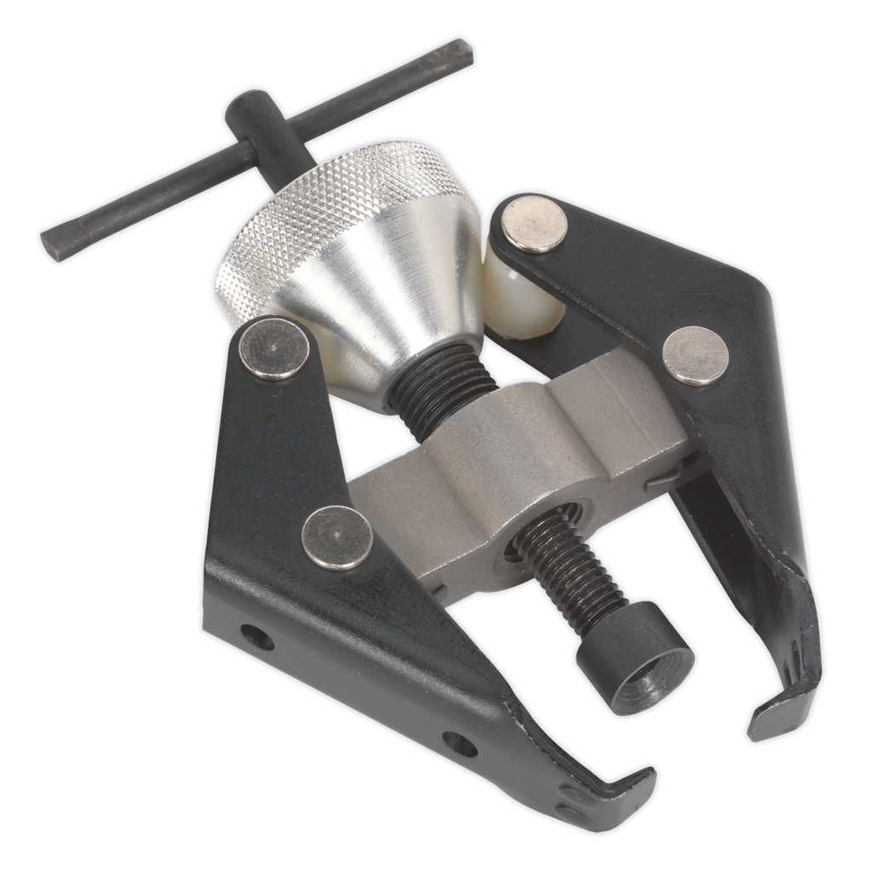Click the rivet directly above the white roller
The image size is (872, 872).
point(534,223)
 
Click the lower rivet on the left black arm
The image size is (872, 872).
point(337,537)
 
